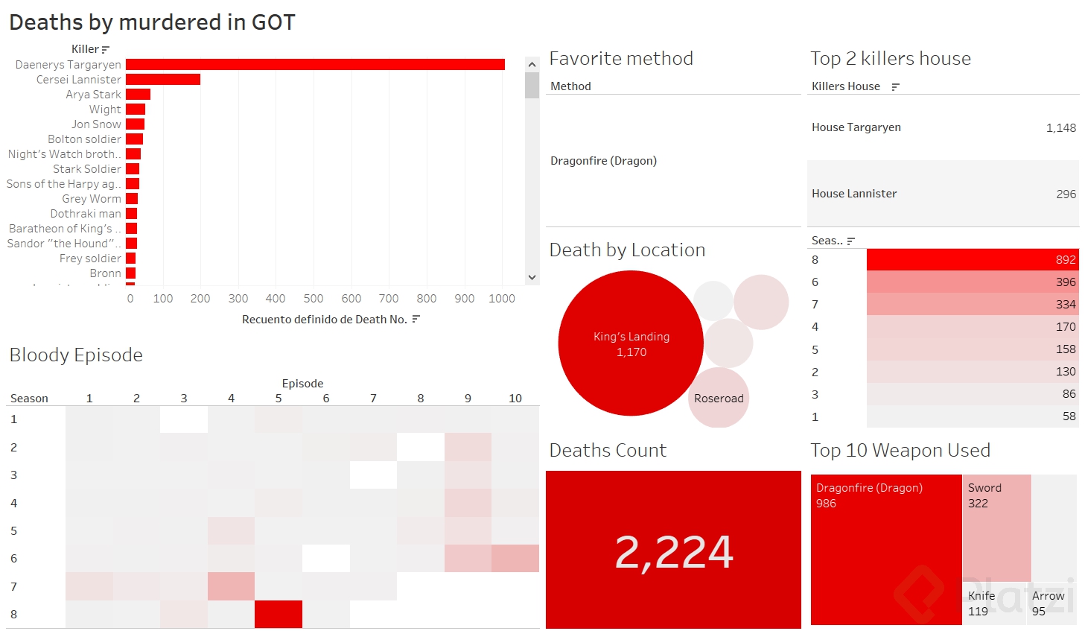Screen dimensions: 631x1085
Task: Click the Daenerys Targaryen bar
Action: (315, 65)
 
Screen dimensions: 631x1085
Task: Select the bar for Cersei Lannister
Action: (163, 80)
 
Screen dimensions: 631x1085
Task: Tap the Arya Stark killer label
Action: (93, 95)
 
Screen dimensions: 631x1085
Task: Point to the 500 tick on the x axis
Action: (314, 299)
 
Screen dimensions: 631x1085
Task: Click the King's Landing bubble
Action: (631, 343)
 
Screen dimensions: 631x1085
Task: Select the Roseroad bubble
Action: (719, 399)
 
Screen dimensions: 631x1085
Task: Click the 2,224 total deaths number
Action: (674, 552)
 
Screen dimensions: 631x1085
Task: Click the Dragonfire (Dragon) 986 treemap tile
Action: (886, 550)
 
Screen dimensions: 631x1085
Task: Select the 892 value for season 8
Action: (1065, 260)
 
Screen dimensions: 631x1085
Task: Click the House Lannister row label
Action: (854, 194)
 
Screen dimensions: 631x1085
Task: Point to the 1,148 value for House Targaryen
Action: (1060, 128)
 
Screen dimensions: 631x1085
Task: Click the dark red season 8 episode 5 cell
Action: (279, 615)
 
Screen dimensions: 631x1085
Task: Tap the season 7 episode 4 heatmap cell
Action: (231, 586)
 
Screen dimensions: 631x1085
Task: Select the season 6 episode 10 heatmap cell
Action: (515, 559)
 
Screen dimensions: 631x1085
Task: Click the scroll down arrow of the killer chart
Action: (532, 277)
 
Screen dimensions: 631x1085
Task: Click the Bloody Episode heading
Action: (76, 355)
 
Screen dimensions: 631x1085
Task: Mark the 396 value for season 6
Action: (1065, 282)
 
